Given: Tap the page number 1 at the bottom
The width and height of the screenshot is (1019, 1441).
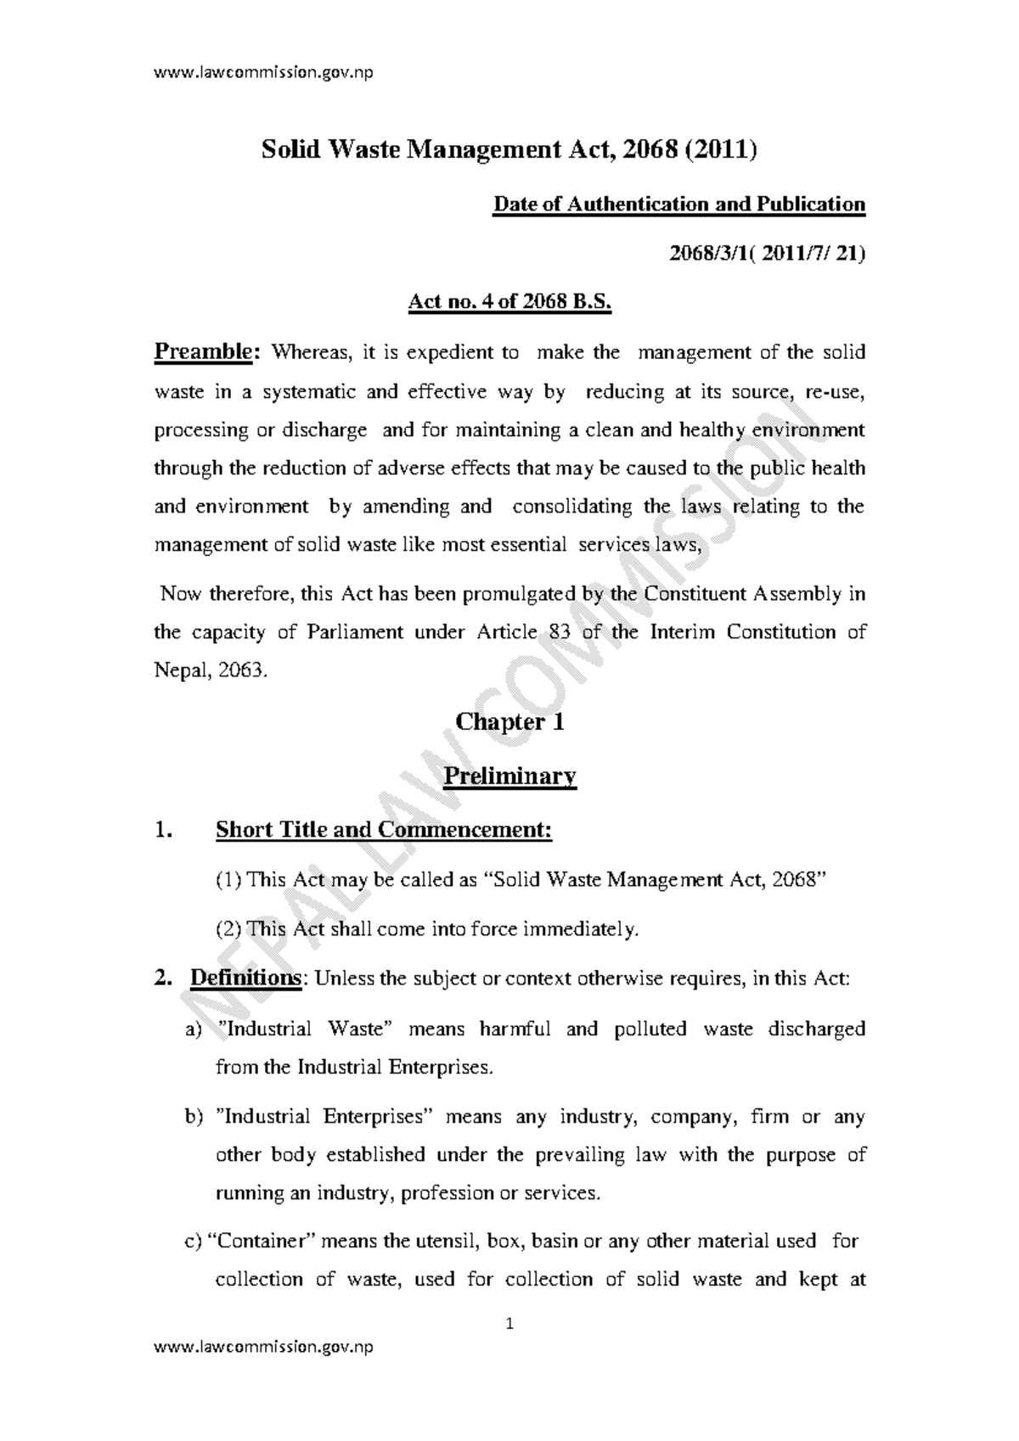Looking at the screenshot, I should click(x=509, y=1324).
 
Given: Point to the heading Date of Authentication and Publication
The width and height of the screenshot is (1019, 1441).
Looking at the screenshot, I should click(x=679, y=205).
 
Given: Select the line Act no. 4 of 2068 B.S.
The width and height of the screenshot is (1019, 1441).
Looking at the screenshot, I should click(x=509, y=302).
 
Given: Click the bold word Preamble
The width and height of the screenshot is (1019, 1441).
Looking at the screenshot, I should click(x=204, y=352).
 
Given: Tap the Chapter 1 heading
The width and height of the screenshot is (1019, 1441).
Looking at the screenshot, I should click(x=509, y=722).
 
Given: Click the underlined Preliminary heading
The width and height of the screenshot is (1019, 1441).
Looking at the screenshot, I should click(x=510, y=776).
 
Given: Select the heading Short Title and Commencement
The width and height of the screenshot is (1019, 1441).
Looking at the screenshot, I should click(x=384, y=829).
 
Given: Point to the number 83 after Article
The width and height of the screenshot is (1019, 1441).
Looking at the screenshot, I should click(x=555, y=632).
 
